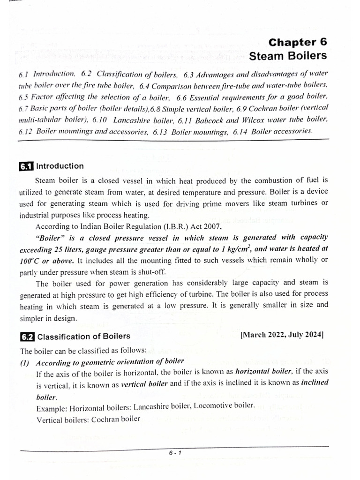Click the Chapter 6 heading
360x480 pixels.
[298, 42]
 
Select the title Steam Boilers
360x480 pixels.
[288, 56]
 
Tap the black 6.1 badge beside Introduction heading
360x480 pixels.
[26, 166]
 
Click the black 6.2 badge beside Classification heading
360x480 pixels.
[27, 337]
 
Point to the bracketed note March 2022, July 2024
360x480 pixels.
[282, 335]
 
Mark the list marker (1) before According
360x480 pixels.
[25, 361]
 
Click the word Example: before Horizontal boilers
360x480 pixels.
[50, 406]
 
